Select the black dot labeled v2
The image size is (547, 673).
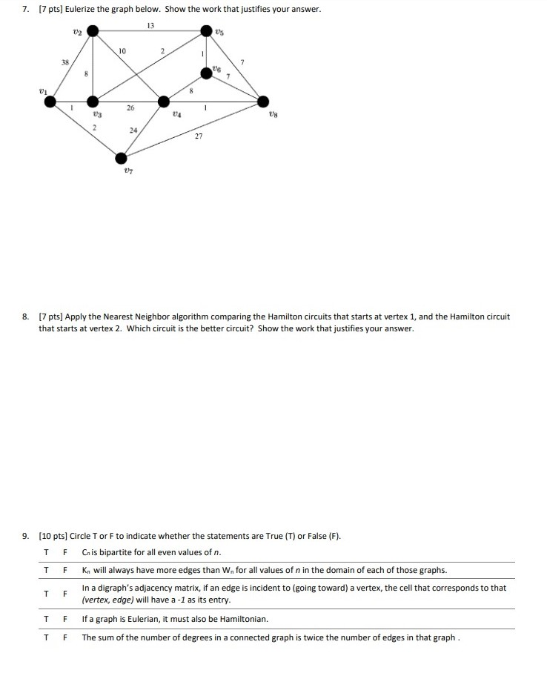click(93, 31)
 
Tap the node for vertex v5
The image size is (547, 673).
click(207, 31)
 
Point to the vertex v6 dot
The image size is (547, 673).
click(207, 72)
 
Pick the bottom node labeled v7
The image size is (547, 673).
click(122, 157)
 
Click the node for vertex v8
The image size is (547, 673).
click(263, 102)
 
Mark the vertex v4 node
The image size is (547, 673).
click(163, 102)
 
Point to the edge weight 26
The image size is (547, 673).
click(130, 108)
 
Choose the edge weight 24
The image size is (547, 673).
click(133, 130)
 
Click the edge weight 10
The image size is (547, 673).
click(122, 50)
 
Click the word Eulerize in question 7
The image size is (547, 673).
click(79, 8)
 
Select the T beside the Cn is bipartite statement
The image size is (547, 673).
click(46, 551)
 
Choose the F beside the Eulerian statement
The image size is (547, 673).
click(65, 618)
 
